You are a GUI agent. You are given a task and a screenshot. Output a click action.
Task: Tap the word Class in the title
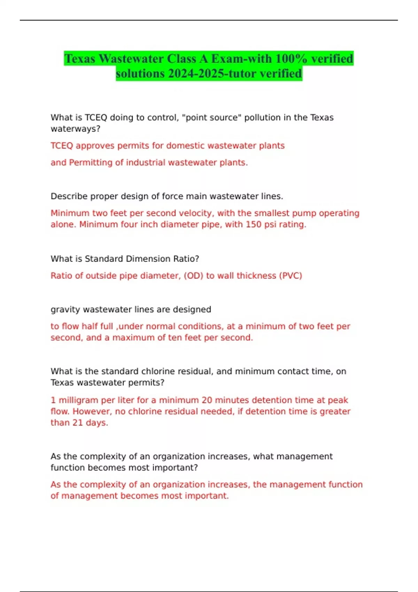click(x=181, y=59)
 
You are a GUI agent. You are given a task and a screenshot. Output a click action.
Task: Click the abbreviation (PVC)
click(x=291, y=276)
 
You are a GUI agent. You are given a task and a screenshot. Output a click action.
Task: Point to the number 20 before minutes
click(x=207, y=400)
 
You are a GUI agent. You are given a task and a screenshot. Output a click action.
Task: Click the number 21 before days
click(x=77, y=423)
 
